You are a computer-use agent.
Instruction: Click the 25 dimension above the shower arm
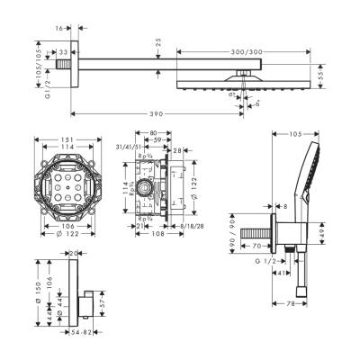158,43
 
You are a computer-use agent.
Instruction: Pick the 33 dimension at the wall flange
64,53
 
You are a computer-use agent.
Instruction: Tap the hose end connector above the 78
301,291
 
